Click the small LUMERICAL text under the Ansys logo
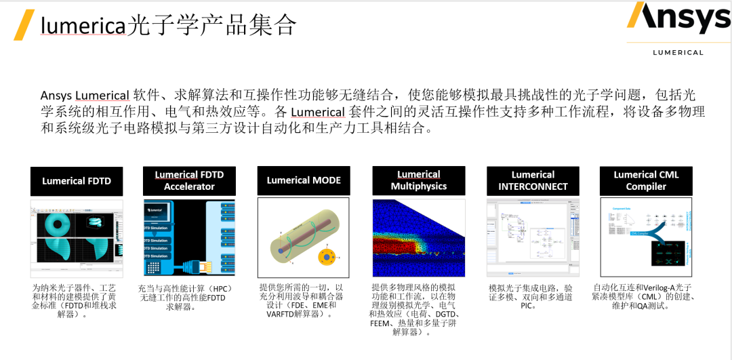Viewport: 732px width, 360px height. tap(678, 52)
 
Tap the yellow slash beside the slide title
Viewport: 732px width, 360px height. tap(24, 25)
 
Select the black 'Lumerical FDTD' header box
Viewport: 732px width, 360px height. tap(77, 181)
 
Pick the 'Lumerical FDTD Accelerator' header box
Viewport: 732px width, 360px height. tap(189, 181)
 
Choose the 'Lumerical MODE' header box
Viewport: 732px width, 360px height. tap(304, 181)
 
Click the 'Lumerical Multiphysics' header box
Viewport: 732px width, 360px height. tap(418, 181)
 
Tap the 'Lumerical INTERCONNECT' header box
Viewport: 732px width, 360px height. tap(533, 181)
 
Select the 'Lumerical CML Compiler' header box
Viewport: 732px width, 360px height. tap(646, 181)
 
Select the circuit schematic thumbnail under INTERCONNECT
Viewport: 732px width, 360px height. tap(533, 237)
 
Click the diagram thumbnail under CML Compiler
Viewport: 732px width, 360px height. tap(646, 237)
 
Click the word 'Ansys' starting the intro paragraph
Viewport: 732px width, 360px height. tap(56, 95)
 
